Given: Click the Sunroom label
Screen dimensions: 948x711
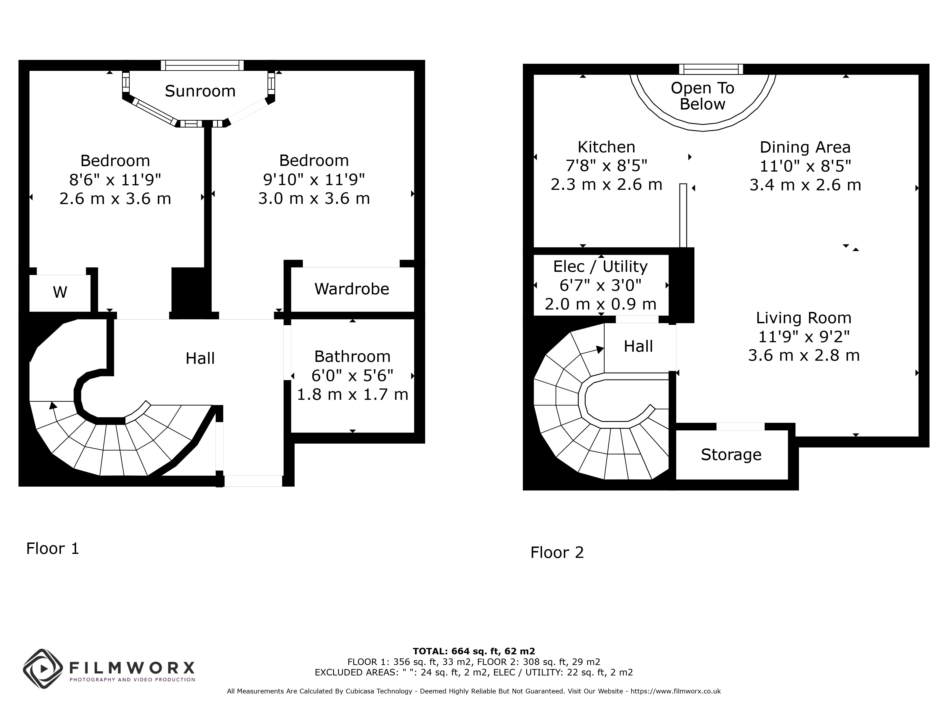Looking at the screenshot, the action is tap(200, 91).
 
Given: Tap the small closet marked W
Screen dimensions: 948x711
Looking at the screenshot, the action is tap(60, 293).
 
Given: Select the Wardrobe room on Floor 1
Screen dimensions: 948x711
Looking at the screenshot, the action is tap(352, 289).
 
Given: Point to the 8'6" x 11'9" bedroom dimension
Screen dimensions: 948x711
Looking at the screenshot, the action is tap(115, 180).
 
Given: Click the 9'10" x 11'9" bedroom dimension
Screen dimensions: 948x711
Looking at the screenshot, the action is tap(314, 180).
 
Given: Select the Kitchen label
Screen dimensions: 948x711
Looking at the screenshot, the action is tap(606, 147).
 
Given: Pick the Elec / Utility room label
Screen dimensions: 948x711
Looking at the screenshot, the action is tap(600, 267).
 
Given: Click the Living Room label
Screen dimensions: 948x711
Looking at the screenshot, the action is tap(804, 318).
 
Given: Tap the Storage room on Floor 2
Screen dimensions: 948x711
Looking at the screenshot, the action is tap(732, 455).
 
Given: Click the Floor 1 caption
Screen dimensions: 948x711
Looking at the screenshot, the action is tap(53, 549).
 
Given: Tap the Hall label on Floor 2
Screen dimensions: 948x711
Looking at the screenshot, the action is tap(638, 346).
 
